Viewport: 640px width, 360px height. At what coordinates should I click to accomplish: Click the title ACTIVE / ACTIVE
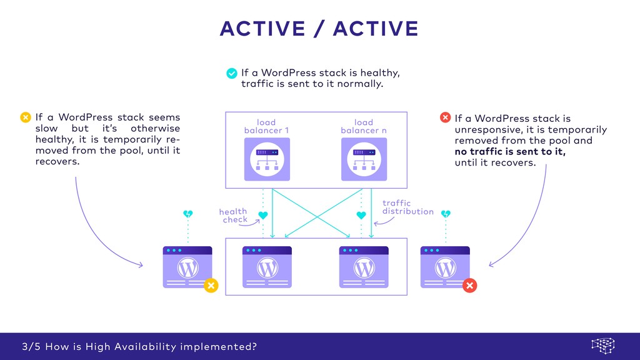click(x=319, y=29)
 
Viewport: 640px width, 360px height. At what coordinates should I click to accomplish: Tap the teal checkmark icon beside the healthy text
click(x=232, y=73)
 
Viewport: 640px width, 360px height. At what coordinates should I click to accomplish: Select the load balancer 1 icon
click(x=267, y=159)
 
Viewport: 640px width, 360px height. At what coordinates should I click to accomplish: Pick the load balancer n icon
click(x=364, y=159)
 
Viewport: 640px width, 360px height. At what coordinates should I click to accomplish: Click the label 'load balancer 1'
click(x=266, y=126)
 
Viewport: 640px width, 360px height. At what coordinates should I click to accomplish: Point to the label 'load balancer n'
click(x=364, y=126)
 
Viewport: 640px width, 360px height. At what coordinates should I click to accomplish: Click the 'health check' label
click(x=233, y=216)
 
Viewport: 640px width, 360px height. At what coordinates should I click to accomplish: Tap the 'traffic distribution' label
click(x=407, y=207)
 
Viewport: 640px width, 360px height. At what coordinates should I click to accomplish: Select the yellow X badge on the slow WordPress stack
click(x=211, y=286)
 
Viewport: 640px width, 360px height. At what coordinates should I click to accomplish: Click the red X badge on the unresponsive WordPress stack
click(x=470, y=286)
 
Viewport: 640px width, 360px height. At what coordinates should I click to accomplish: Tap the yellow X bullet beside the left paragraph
click(x=26, y=117)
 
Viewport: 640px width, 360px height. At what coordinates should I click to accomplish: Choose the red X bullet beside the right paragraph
click(x=445, y=117)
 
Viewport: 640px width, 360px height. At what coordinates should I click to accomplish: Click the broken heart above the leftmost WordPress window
click(x=188, y=214)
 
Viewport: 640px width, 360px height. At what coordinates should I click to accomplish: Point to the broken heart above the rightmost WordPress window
click(x=446, y=214)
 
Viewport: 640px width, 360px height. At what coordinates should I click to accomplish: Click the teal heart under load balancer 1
click(x=263, y=215)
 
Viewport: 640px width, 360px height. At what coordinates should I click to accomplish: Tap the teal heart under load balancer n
click(x=361, y=215)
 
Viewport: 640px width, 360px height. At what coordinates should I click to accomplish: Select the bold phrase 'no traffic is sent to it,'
click(x=510, y=152)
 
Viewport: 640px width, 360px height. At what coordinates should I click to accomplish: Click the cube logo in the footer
click(x=603, y=346)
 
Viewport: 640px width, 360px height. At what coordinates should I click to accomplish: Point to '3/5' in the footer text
click(x=30, y=346)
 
